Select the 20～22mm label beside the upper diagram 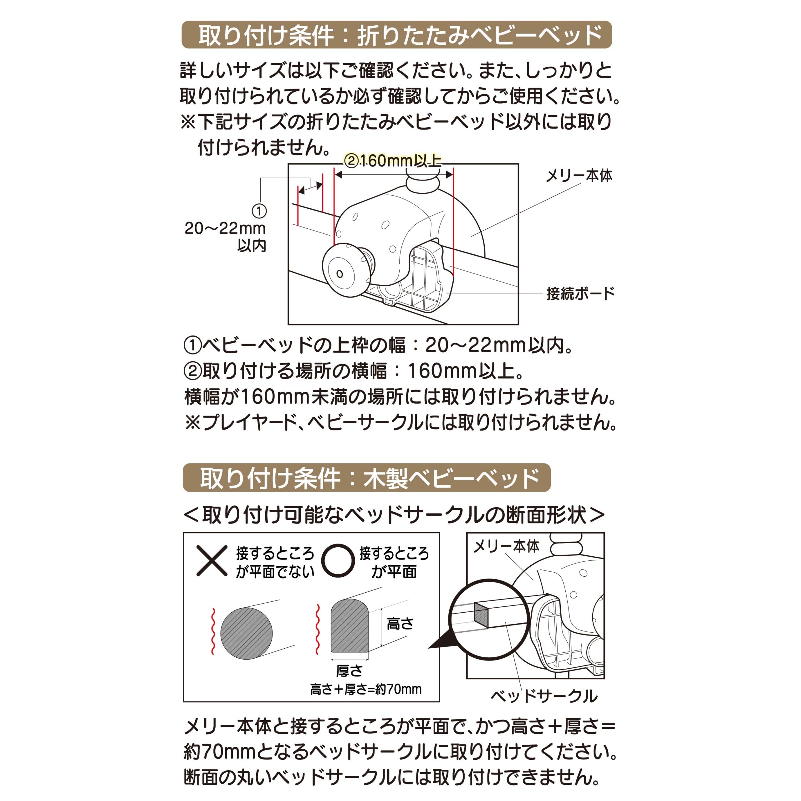coord(225,228)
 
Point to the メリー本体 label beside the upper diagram coord(579,176)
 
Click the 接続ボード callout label coord(580,293)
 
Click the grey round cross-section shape coord(246,633)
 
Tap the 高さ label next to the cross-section coord(400,624)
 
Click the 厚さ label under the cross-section coord(349,671)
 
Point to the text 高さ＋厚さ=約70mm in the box coord(366,689)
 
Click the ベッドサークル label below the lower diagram coord(544,696)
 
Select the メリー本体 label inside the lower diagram coord(506,546)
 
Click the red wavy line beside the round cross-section coord(213,631)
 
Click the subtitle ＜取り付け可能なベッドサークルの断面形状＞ coord(394,515)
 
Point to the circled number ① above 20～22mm coord(259,211)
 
